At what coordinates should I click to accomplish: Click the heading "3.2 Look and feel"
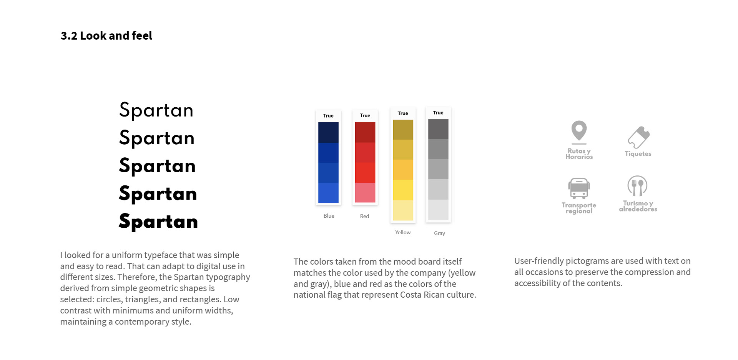pyautogui.click(x=106, y=35)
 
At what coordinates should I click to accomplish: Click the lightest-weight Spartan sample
pyautogui.click(x=156, y=110)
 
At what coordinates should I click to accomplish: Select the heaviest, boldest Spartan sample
pyautogui.click(x=158, y=221)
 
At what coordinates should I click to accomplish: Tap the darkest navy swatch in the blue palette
pyautogui.click(x=328, y=132)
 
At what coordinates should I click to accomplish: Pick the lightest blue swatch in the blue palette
pyautogui.click(x=328, y=193)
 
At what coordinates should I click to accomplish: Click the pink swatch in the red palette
pyautogui.click(x=365, y=193)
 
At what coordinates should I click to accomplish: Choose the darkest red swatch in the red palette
pyautogui.click(x=365, y=132)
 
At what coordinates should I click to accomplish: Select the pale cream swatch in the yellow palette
pyautogui.click(x=403, y=210)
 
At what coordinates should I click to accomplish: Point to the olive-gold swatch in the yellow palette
pyautogui.click(x=403, y=130)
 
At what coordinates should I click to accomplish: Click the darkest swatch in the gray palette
pyautogui.click(x=438, y=129)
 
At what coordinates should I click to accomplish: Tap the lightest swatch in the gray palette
pyautogui.click(x=438, y=210)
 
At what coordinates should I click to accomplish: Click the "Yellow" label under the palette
pyautogui.click(x=403, y=232)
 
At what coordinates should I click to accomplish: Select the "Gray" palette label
pyautogui.click(x=439, y=233)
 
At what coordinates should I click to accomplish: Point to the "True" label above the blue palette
pyautogui.click(x=328, y=116)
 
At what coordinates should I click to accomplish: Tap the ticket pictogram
pyautogui.click(x=638, y=137)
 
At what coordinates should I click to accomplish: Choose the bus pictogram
pyautogui.click(x=579, y=188)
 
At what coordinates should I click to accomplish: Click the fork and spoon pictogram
pyautogui.click(x=637, y=186)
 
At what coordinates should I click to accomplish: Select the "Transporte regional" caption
pyautogui.click(x=579, y=208)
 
